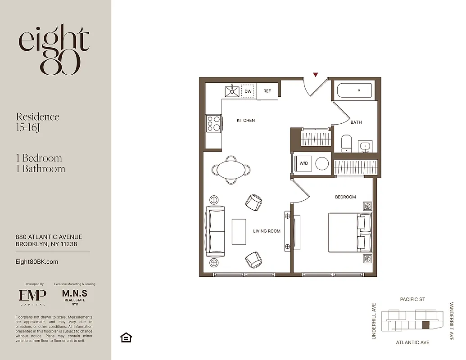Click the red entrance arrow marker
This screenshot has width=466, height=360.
pos(316,75)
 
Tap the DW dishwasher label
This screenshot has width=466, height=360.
pos(248,91)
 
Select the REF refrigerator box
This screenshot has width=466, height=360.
pos(267,91)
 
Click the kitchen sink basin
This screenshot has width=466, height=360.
pos(233,90)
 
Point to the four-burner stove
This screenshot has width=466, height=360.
pos(213,123)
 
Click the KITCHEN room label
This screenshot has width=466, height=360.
pos(246,121)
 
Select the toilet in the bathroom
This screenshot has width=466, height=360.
pos(346,143)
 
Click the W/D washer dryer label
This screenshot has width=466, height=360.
pos(304,163)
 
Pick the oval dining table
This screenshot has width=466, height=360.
pos(231,170)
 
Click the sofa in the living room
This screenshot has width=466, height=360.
pos(215,231)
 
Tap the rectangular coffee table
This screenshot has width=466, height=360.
pos(239,231)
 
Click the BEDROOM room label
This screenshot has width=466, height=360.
pos(345,197)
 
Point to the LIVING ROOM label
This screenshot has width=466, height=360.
pos(267,231)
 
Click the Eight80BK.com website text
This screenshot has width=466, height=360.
pos(37,262)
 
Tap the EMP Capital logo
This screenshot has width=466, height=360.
pos(32,296)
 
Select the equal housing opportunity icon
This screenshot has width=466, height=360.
pos(126,337)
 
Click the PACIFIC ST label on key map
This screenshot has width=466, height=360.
pos(412,299)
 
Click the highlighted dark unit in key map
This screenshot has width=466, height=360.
pos(426,324)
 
